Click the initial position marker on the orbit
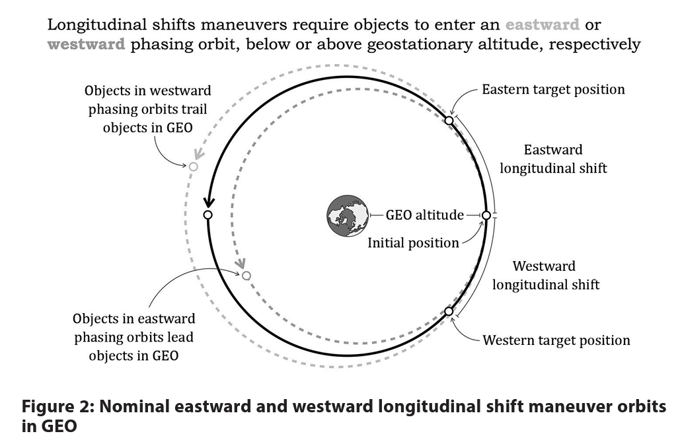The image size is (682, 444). coord(486,215)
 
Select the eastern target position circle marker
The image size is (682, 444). coord(449,120)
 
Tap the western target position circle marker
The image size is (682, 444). coord(449,311)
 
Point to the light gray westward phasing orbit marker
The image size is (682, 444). coord(193,167)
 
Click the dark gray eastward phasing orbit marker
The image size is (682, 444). coord(246,276)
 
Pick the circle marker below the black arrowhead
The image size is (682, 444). coord(208,215)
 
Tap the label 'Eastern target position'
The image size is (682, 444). coord(553,89)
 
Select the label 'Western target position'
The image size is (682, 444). coord(556,341)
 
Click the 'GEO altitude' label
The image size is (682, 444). coord(425,215)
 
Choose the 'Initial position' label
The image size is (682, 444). coord(413,243)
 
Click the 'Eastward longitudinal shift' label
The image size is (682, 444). coord(553,159)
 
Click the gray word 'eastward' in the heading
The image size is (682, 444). coord(543,25)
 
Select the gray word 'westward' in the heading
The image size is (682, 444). coord(87,45)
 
